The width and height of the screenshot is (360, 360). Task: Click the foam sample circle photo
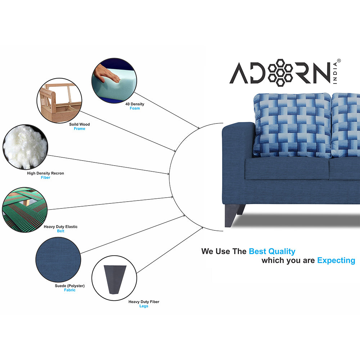point(114,80)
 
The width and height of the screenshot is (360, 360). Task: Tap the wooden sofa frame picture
point(59,100)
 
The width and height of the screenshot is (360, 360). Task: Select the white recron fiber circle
point(25,147)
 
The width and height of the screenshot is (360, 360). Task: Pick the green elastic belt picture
point(25,210)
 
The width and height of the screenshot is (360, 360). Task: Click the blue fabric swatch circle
point(58,260)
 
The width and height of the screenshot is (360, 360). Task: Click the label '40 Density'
point(135,104)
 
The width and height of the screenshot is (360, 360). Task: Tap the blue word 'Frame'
point(80,129)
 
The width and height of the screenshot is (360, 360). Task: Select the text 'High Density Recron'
point(45,173)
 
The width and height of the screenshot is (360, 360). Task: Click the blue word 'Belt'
point(60,231)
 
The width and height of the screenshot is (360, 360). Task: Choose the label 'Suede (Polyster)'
point(69,286)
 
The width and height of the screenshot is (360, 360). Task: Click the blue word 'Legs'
point(144,306)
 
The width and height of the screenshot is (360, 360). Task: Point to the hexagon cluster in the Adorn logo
point(280,73)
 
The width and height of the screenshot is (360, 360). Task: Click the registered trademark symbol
point(339,61)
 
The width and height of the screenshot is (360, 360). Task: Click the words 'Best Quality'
point(272,252)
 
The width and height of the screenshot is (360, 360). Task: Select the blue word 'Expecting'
point(336,261)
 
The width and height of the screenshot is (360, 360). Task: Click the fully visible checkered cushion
point(292,125)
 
